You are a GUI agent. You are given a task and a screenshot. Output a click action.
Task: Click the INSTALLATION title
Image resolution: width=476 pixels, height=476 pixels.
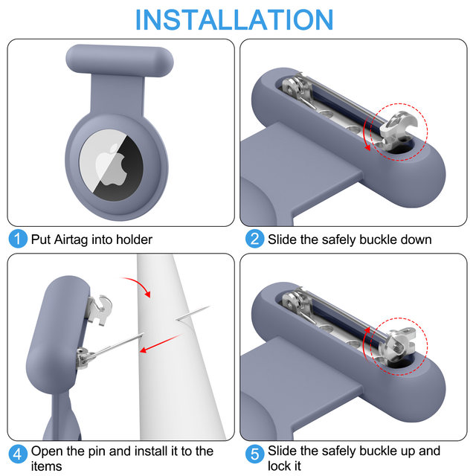click(234, 20)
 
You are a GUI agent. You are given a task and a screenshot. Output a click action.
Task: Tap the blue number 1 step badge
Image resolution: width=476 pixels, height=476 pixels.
click(18, 239)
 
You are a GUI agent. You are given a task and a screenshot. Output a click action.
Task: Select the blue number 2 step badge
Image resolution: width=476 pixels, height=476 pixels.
click(254, 239)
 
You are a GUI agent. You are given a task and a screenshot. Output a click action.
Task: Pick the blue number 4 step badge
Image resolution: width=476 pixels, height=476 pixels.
click(18, 454)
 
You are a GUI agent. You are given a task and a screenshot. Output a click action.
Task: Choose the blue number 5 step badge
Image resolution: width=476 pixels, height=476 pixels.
click(254, 454)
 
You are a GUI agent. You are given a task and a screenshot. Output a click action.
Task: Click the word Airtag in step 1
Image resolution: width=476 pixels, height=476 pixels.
click(71, 239)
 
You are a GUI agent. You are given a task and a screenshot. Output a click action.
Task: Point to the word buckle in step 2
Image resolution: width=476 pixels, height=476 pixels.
click(378, 239)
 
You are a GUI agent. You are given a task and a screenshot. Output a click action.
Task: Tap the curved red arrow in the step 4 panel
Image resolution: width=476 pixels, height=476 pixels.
click(141, 283)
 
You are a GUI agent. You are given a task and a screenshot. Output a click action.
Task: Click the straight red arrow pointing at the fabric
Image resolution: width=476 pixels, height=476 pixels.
click(161, 344)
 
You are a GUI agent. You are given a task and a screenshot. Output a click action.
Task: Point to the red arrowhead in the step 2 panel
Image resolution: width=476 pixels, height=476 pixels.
click(367, 147)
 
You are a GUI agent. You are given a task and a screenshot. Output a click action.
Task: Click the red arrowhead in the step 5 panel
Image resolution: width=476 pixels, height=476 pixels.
click(367, 330)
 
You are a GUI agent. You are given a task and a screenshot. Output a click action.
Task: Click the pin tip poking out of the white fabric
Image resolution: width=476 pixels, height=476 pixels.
click(193, 313)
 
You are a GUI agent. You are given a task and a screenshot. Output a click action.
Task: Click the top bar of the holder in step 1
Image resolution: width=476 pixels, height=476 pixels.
click(120, 60)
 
